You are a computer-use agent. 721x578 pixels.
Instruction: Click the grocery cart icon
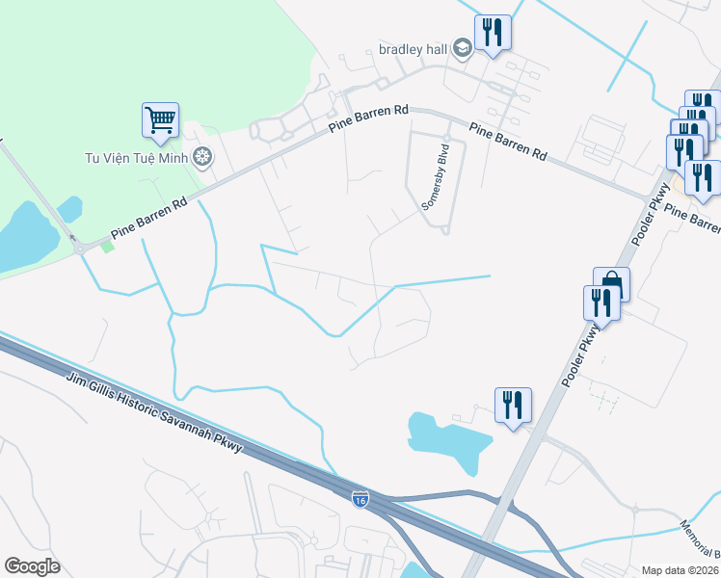click(160, 121)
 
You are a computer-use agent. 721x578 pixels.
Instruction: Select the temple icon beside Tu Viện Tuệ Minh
click(202, 156)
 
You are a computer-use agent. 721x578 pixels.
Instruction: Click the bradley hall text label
click(414, 50)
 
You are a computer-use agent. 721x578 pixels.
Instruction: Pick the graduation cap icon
click(463, 49)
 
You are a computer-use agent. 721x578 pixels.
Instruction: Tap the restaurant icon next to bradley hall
click(493, 33)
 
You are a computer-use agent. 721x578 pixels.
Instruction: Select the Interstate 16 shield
click(360, 499)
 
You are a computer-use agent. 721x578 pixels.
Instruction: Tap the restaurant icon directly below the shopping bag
click(601, 303)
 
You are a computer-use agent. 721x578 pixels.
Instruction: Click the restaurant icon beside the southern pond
click(512, 405)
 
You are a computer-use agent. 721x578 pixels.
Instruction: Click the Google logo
click(32, 565)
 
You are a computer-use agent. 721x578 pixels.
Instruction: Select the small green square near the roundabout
click(107, 246)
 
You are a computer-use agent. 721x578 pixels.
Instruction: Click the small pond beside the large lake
click(69, 208)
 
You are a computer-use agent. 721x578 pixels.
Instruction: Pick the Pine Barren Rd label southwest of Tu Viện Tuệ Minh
click(147, 219)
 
